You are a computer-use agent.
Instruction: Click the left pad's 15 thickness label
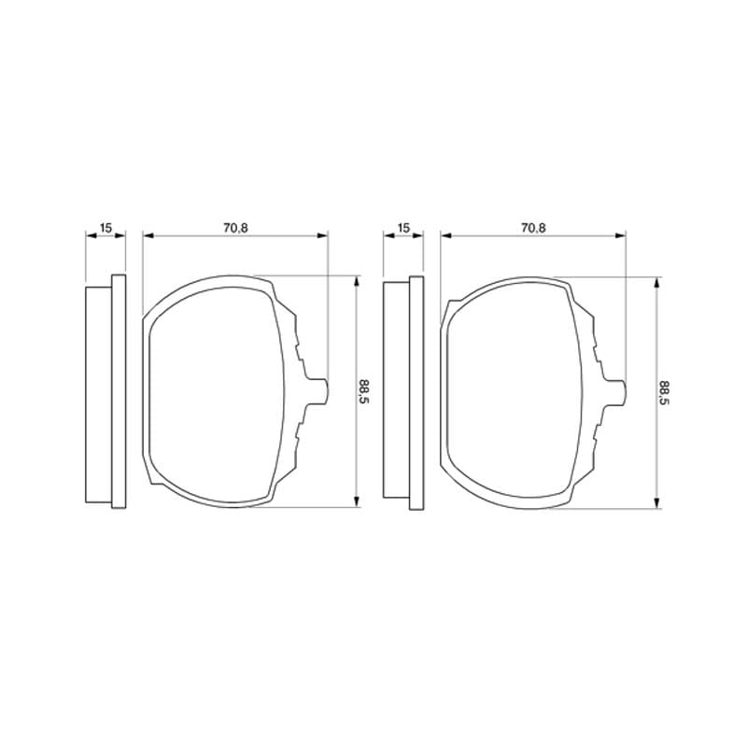(106, 228)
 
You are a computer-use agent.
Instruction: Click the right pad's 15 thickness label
(403, 228)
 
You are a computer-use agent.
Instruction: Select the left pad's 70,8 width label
(235, 228)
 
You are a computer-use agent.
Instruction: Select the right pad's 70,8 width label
(533, 228)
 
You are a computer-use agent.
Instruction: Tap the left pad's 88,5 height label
(364, 391)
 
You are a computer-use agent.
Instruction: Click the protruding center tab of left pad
(317, 391)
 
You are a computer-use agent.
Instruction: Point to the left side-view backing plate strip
(119, 391)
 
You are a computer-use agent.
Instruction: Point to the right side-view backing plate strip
(416, 393)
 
